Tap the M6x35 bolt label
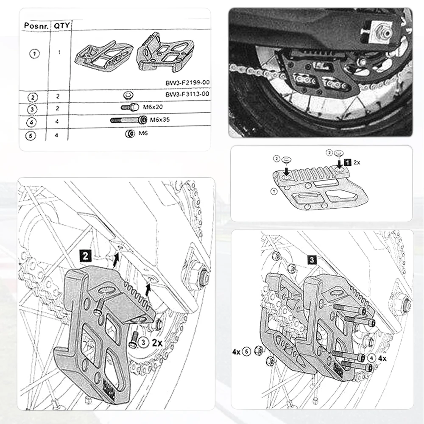pos(160,120)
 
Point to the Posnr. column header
pos(34,25)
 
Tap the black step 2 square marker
pos(86,255)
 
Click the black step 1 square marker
pos(348,162)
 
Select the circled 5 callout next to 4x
pos(246,351)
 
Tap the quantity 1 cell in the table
pos(59,53)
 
